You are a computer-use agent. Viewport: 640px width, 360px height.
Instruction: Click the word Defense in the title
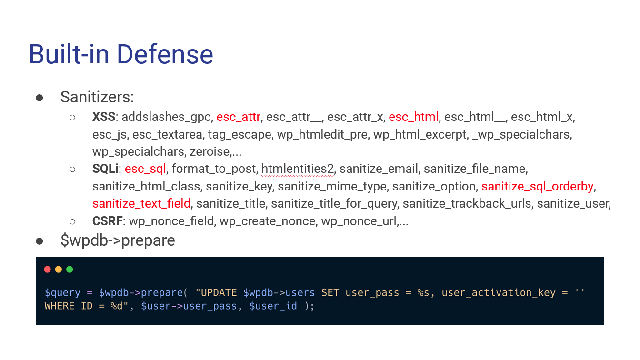pos(165,54)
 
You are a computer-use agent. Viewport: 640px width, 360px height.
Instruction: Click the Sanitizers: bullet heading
pos(97,97)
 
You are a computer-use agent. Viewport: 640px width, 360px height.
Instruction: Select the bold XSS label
pos(103,117)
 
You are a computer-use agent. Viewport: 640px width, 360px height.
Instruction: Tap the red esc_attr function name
pos(238,117)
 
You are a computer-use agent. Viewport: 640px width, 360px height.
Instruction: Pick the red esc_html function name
pos(413,117)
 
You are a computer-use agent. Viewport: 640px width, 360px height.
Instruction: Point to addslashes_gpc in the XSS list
pos(166,117)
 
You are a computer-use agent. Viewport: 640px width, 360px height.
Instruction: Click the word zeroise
pos(210,151)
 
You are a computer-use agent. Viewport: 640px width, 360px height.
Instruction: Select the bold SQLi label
pos(105,169)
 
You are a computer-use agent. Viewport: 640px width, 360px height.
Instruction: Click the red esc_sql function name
pos(145,169)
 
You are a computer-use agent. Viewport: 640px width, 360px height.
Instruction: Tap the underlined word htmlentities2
pos(298,169)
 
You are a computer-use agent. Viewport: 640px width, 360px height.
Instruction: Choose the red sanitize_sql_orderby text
pos(538,187)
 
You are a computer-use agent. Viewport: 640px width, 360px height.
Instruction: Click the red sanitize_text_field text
pos(141,204)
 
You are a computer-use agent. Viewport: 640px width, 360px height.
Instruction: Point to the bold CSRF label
pos(108,221)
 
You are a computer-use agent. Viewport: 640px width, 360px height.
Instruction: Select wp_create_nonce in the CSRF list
pos(268,221)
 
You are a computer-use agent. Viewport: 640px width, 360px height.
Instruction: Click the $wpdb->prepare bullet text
pos(118,240)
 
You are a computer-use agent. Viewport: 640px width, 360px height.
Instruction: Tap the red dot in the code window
pos(48,270)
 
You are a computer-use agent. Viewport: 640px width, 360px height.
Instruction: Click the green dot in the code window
pos(70,270)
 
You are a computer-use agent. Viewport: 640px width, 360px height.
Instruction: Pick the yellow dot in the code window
pos(59,270)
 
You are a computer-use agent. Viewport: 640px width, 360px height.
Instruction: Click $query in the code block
pos(62,293)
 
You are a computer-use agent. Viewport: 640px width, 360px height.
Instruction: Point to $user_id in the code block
pos(273,306)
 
